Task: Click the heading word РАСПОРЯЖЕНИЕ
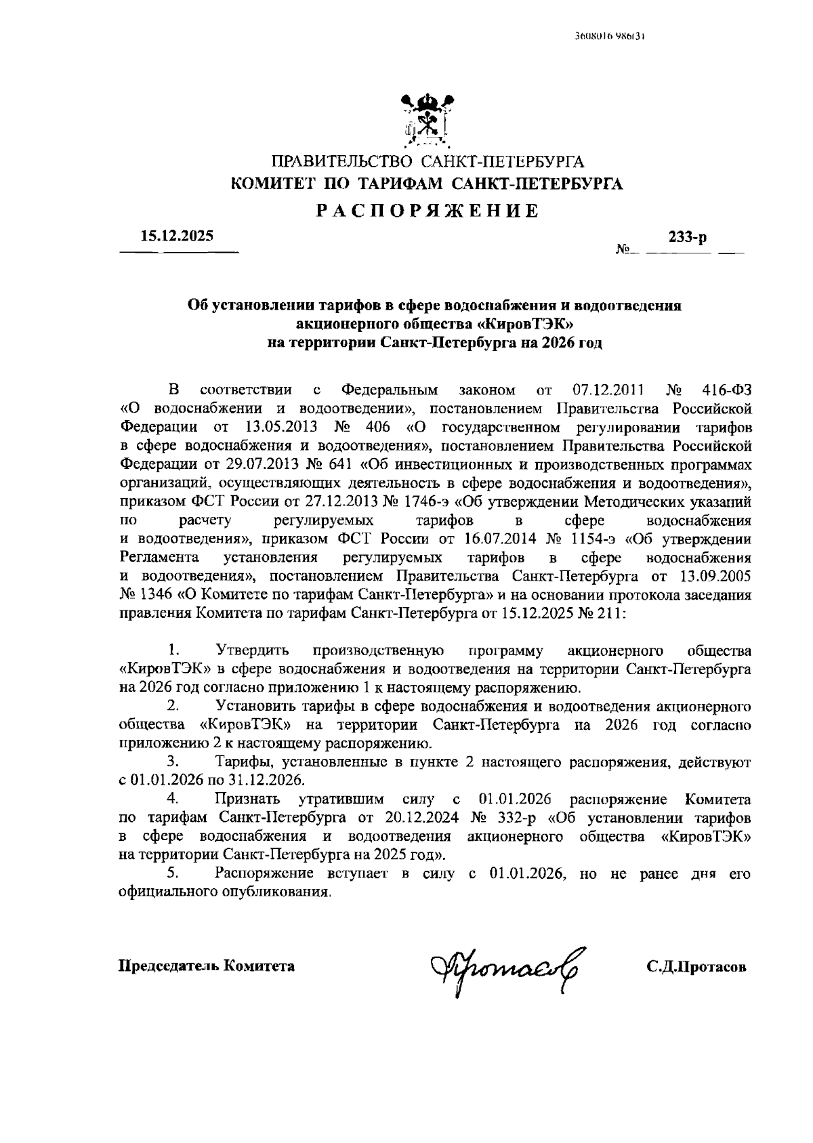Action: coord(427,211)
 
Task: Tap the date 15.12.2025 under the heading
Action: coord(177,236)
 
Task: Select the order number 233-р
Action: coord(687,237)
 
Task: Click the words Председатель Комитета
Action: coord(207,966)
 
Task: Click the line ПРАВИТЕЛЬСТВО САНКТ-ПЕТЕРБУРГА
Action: coord(427,161)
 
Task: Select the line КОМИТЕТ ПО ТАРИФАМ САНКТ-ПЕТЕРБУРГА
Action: coord(427,184)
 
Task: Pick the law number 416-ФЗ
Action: coord(725,390)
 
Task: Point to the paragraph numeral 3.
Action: coord(173,763)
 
